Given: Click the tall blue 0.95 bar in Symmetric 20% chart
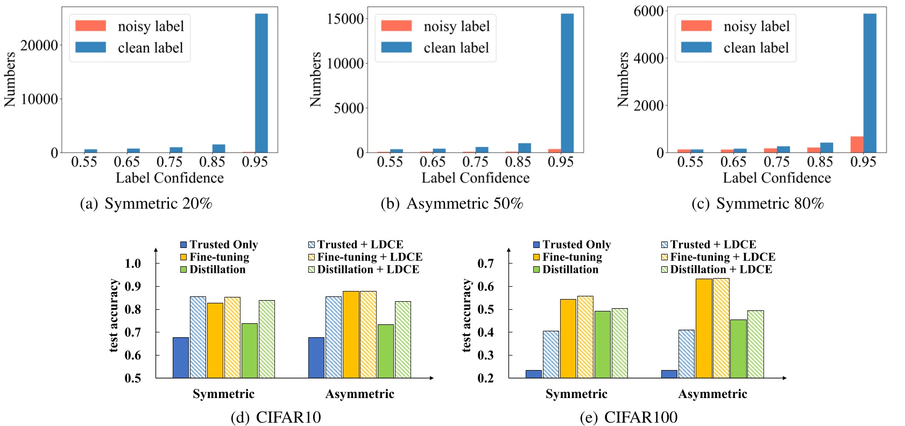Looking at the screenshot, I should pyautogui.click(x=261, y=83).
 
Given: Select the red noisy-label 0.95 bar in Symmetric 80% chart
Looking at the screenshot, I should pyautogui.click(x=857, y=145).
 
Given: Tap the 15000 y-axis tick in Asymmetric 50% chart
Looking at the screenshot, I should pyautogui.click(x=345, y=19).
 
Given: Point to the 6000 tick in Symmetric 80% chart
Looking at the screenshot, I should pyautogui.click(x=648, y=11).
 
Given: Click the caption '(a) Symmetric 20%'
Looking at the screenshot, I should pyautogui.click(x=146, y=204).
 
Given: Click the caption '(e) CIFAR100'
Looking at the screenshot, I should pyautogui.click(x=628, y=417).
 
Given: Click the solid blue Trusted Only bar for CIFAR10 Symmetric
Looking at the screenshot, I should pyautogui.click(x=181, y=358).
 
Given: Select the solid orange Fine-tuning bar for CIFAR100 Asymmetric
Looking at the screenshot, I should pyautogui.click(x=704, y=328).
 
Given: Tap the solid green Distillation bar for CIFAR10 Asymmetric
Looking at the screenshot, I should pyautogui.click(x=386, y=351).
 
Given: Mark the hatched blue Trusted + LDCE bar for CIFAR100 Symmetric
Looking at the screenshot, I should pyautogui.click(x=550, y=354).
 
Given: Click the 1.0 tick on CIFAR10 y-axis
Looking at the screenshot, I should pyautogui.click(x=132, y=264).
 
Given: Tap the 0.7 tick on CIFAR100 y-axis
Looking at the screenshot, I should pyautogui.click(x=485, y=264).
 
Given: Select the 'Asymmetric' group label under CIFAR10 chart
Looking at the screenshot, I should pyautogui.click(x=359, y=394).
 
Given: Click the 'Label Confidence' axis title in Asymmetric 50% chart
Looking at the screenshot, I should pyautogui.click(x=475, y=178).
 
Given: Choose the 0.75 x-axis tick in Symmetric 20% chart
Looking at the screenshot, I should pyautogui.click(x=169, y=162).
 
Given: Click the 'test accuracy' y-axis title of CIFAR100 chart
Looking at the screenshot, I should pyautogui.click(x=466, y=316).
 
